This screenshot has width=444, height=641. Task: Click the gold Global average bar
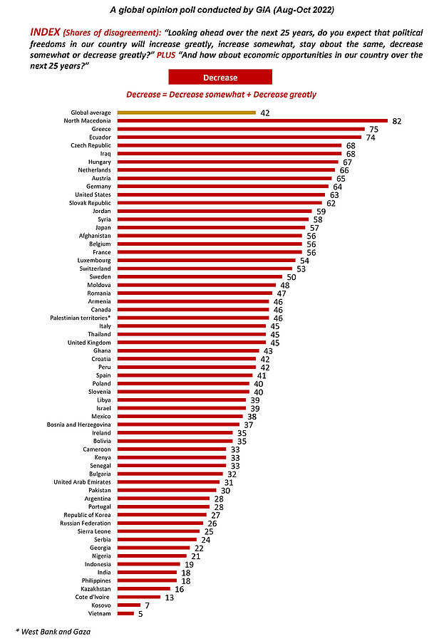186,113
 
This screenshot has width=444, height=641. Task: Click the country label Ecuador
98,137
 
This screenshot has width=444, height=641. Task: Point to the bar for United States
220,194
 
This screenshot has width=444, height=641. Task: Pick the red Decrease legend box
220,77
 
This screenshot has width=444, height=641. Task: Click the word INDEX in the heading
44,33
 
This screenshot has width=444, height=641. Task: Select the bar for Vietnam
125,613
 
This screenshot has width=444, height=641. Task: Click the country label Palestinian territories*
81,318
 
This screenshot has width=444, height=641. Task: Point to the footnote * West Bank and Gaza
46,631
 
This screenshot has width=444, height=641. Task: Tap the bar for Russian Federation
160,523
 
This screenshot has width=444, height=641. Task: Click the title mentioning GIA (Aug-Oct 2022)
221,11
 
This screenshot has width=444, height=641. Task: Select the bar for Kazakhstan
144,588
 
